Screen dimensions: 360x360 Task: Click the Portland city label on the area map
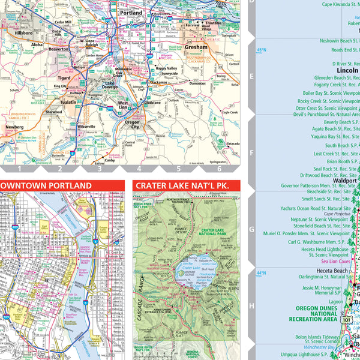tap(131, 13)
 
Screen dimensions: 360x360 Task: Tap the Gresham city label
tap(196, 47)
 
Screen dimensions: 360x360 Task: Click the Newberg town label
tap(15, 127)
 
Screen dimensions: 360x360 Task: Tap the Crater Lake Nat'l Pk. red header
tap(182, 186)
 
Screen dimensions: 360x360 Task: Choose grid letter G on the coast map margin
tap(252, 229)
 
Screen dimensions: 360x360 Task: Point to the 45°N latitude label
tap(262, 50)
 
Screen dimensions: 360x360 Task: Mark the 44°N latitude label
tap(262, 273)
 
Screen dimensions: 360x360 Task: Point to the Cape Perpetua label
tap(336, 214)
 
